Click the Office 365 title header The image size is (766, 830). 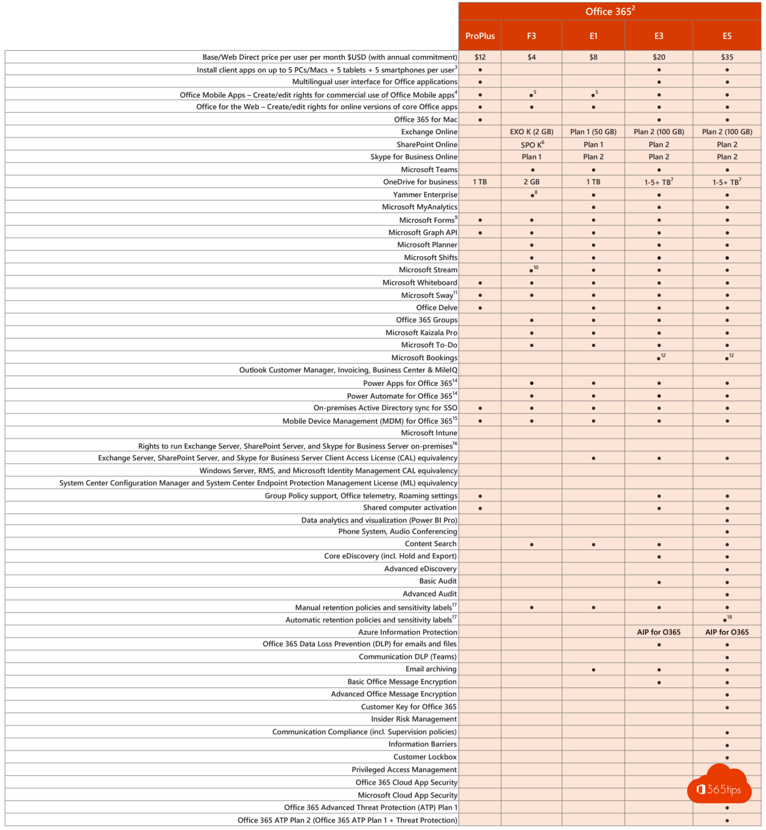pyautogui.click(x=609, y=12)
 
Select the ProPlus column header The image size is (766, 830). pyautogui.click(x=480, y=36)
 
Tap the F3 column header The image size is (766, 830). pyautogui.click(x=531, y=36)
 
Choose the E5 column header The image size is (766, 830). pyautogui.click(x=727, y=36)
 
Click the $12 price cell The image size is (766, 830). pyautogui.click(x=480, y=57)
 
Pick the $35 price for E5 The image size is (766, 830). pyautogui.click(x=727, y=57)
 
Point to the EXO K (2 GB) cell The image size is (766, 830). pyautogui.click(x=531, y=132)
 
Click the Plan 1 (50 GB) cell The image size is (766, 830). pyautogui.click(x=593, y=132)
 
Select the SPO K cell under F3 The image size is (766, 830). pyautogui.click(x=532, y=144)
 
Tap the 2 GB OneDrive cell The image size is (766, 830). pyautogui.click(x=531, y=182)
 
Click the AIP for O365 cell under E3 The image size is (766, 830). pyautogui.click(x=659, y=632)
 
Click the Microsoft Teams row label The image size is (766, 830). pyautogui.click(x=429, y=169)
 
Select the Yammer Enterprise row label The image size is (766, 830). pyautogui.click(x=425, y=194)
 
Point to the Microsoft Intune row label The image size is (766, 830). pyautogui.click(x=429, y=433)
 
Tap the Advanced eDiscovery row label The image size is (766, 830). pyautogui.click(x=420, y=568)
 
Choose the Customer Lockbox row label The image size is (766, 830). pyautogui.click(x=425, y=756)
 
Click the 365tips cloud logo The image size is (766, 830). pyautogui.click(x=720, y=786)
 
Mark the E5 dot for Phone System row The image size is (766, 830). pyautogui.click(x=727, y=532)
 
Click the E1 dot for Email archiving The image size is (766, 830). pyautogui.click(x=593, y=670)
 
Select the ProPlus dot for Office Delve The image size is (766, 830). pyautogui.click(x=480, y=308)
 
